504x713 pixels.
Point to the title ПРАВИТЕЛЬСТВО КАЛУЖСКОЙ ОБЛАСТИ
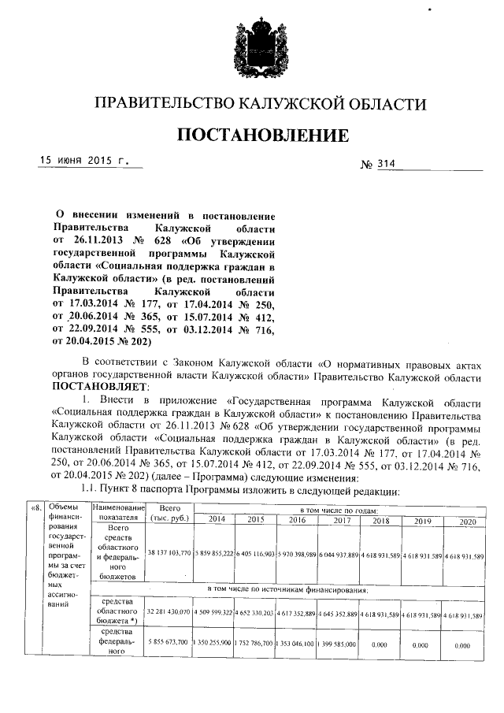tap(261, 104)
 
